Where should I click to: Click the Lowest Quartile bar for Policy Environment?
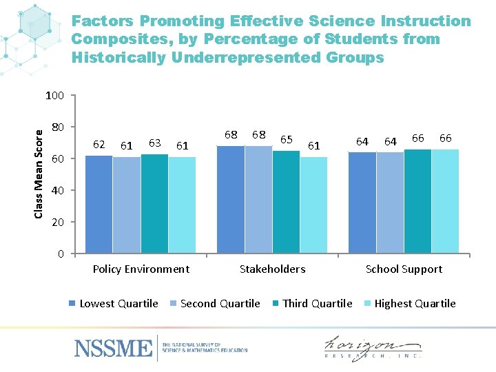(x=99, y=205)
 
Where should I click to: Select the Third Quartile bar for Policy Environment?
(x=154, y=204)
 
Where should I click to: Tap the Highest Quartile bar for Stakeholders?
(x=313, y=205)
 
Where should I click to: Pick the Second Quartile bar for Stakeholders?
(x=258, y=200)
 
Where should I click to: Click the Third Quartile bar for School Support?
(x=417, y=201)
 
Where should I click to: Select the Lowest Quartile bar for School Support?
(x=362, y=203)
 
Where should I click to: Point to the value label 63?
(x=154, y=143)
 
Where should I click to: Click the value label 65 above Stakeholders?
(x=287, y=140)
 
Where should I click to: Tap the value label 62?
(x=99, y=145)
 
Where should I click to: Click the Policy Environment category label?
(x=141, y=269)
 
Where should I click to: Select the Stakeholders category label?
(x=272, y=269)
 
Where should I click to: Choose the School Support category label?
(x=404, y=269)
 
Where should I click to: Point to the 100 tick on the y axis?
(x=54, y=96)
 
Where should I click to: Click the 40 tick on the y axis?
(x=58, y=191)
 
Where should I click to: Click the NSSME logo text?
(x=114, y=348)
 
